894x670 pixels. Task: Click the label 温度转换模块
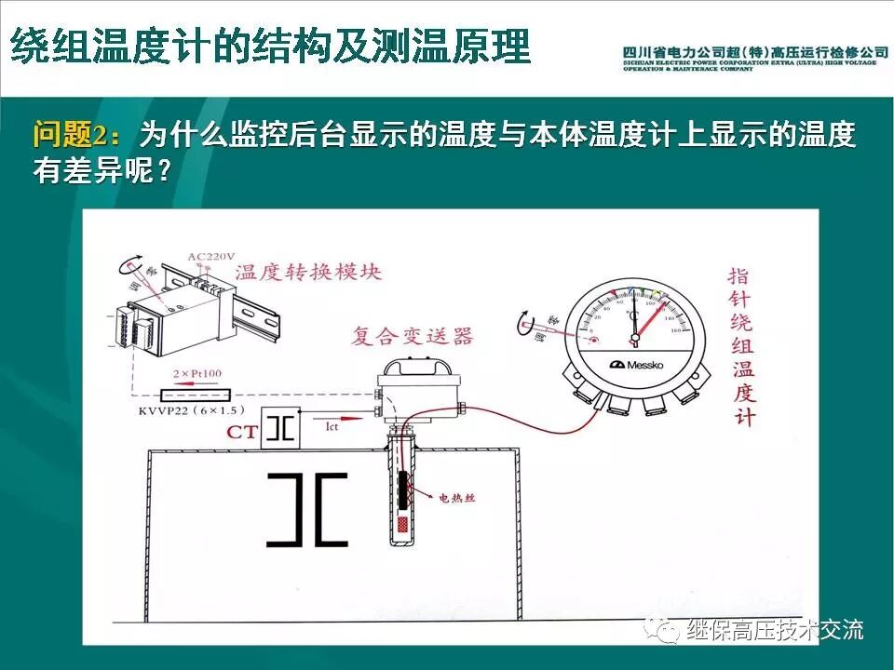[308, 272]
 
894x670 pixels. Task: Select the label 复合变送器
[412, 335]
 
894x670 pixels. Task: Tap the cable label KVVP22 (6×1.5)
[190, 410]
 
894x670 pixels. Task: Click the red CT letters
[238, 432]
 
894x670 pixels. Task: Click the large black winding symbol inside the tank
[306, 510]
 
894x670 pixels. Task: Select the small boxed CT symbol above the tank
[280, 429]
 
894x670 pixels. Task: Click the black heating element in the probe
[403, 493]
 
